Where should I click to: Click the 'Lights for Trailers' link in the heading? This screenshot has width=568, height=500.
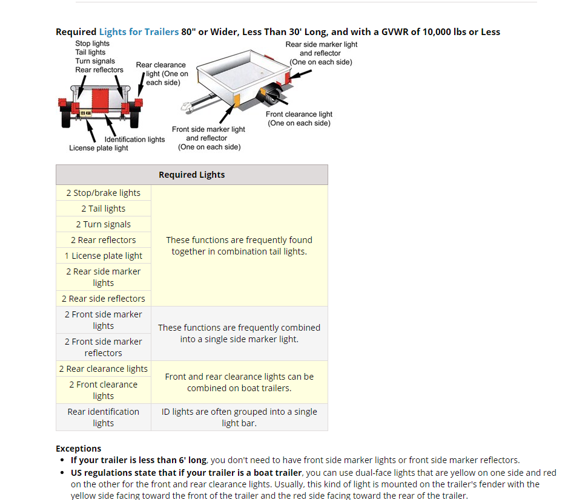pos(139,31)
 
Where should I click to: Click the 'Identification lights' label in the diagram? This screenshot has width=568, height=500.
pos(134,139)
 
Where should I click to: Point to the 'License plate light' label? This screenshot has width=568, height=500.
pos(98,148)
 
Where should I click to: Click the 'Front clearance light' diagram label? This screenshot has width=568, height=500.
pos(299,119)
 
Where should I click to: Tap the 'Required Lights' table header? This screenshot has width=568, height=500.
pos(191,175)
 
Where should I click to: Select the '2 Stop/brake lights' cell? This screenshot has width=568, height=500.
pos(104,193)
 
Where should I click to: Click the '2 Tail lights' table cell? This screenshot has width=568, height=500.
pos(104,209)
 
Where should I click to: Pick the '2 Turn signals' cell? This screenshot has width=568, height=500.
pos(104,224)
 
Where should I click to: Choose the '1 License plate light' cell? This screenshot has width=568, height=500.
pos(104,256)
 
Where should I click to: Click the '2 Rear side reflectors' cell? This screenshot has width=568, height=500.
pos(104,299)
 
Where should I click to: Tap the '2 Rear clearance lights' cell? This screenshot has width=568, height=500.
pos(104,369)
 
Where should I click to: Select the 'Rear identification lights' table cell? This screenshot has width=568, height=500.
pos(104,417)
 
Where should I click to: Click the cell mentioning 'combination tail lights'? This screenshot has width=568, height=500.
pos(239,245)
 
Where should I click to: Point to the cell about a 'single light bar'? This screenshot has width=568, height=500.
pos(239,417)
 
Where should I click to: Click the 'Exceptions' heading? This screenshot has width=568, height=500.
pos(78,449)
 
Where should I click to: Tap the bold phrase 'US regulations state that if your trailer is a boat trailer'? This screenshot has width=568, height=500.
pos(186,473)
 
